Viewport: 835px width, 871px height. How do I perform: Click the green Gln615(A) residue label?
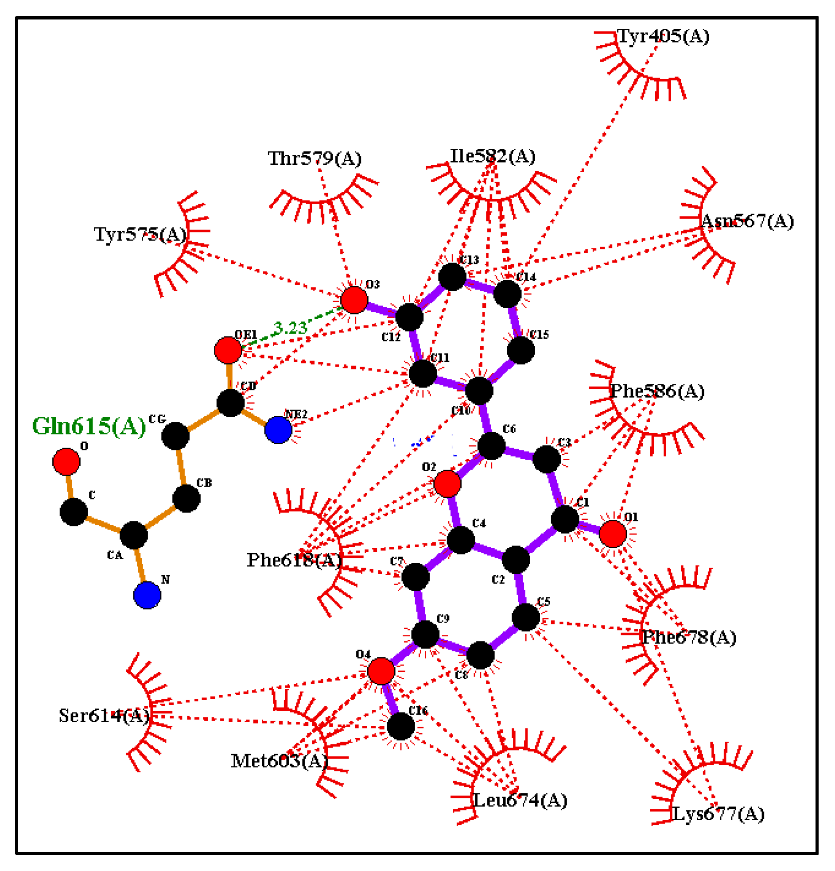coord(89,426)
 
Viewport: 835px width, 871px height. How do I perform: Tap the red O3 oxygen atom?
coord(354,300)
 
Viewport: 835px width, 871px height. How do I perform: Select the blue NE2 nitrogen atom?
coord(278,430)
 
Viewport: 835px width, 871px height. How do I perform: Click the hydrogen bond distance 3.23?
coord(290,328)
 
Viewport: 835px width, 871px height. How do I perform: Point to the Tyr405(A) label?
coord(663,36)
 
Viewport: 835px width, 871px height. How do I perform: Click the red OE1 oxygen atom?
coord(228,350)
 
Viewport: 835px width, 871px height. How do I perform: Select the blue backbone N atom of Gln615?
coord(147,595)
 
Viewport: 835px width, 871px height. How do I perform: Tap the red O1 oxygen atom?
coord(613,534)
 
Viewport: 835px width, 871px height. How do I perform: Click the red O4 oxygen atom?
coord(381,671)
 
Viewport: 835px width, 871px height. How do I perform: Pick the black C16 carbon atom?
coord(400,726)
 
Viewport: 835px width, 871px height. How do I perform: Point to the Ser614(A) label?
coord(104,716)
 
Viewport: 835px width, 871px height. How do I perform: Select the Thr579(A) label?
coord(315,159)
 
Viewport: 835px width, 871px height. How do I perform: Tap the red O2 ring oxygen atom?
coord(447,484)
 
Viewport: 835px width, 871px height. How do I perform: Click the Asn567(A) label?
coord(747,221)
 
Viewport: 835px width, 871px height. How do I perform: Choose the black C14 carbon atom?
coord(507,294)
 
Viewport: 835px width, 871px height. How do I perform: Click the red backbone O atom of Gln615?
coord(66,462)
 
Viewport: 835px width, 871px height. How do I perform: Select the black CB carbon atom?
coord(186,499)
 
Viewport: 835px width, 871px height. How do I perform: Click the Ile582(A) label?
coord(493,156)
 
